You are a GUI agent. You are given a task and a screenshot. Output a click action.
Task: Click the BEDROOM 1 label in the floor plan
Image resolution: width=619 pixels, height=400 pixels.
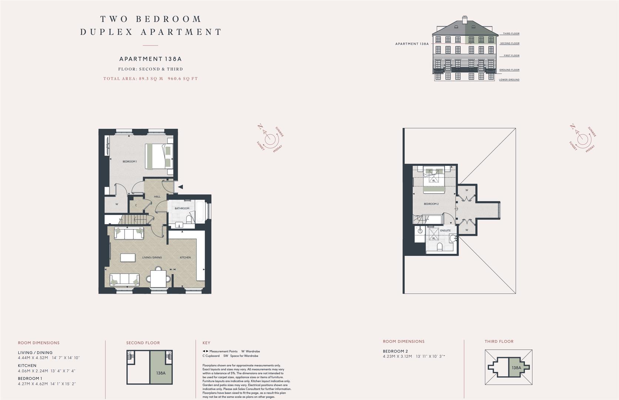tap(130, 161)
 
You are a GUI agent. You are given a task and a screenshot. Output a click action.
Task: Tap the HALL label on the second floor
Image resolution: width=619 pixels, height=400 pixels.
tap(157, 196)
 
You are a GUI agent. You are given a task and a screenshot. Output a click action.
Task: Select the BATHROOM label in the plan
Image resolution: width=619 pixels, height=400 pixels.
tap(182, 209)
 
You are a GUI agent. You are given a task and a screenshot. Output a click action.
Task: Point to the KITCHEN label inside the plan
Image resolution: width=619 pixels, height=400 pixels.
tap(185, 257)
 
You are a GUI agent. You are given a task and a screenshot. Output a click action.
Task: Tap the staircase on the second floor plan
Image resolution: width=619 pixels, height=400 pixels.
tap(135, 220)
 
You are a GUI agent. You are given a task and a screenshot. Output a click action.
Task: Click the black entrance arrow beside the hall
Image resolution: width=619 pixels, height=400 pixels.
tap(180, 187)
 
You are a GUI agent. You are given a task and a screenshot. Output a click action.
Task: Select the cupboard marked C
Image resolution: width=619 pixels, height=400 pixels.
tap(136, 205)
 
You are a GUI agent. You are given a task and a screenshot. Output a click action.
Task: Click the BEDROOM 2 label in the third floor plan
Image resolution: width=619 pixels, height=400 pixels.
tap(431, 204)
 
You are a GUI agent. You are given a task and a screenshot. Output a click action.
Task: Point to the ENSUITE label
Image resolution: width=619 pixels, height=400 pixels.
tap(445, 231)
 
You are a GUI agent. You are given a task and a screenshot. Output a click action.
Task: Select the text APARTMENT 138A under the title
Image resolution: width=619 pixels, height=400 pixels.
tap(150, 59)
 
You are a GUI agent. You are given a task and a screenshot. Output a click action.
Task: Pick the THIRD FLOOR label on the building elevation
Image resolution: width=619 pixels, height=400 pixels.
tap(511, 34)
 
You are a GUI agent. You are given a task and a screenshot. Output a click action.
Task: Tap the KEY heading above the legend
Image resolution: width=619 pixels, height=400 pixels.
tap(206, 343)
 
